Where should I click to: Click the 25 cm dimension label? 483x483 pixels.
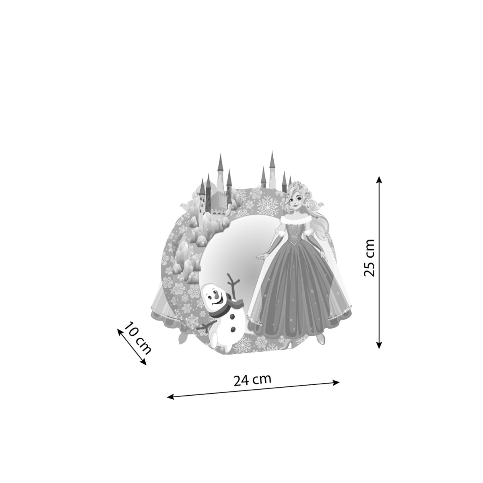[369, 258]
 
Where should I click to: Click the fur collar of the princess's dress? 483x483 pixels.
[296, 220]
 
